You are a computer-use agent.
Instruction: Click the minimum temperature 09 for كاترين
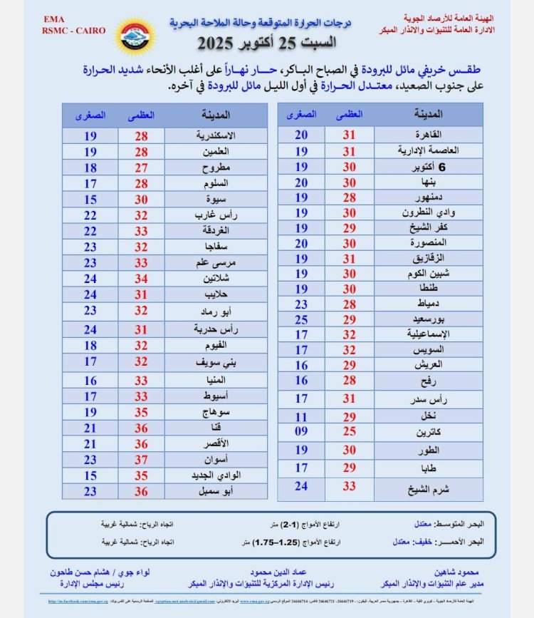301,432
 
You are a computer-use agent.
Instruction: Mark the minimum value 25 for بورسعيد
301,319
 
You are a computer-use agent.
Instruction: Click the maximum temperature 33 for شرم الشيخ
349,487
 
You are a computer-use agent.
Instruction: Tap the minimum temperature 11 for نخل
301,416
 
